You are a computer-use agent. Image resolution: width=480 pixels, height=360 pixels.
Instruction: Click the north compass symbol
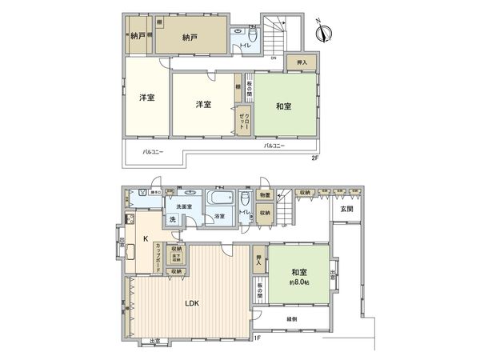click(325, 33)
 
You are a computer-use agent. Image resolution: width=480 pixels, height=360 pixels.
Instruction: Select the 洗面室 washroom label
click(185, 206)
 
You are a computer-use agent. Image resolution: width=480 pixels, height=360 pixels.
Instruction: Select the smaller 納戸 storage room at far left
click(137, 36)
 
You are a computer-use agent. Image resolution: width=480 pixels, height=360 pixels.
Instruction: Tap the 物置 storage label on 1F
click(265, 195)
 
